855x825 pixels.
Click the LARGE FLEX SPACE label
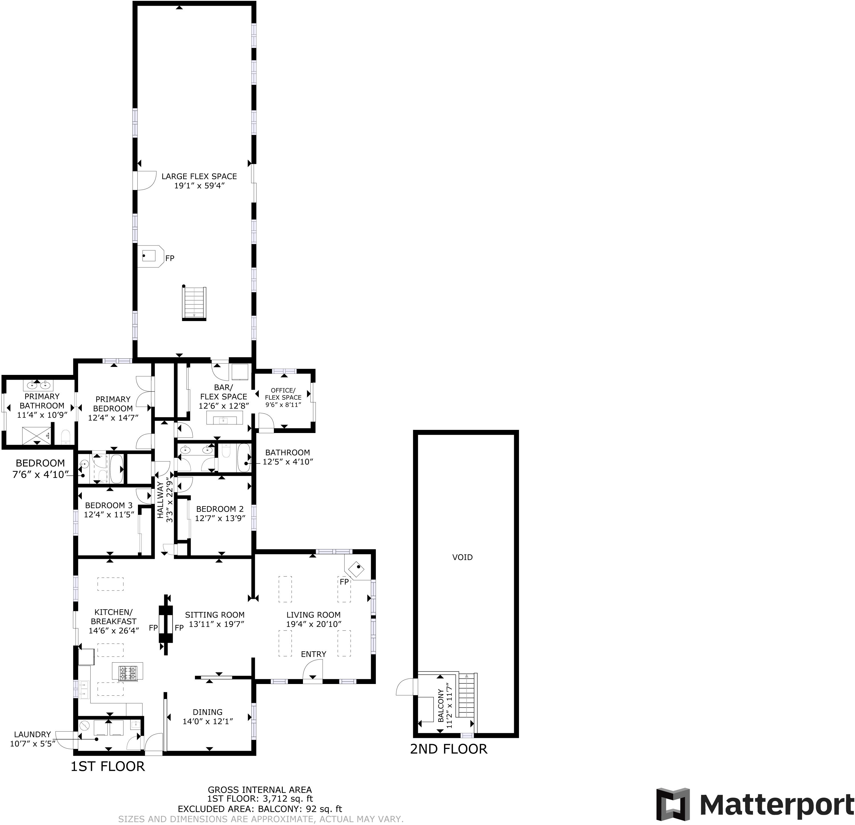click(199, 177)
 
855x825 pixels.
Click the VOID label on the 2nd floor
click(462, 557)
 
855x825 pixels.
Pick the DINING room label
click(208, 712)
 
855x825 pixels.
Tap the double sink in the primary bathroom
click(38, 385)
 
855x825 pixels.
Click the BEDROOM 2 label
click(220, 509)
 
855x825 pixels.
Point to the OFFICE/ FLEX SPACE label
click(283, 394)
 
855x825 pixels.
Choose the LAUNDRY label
click(32, 734)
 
